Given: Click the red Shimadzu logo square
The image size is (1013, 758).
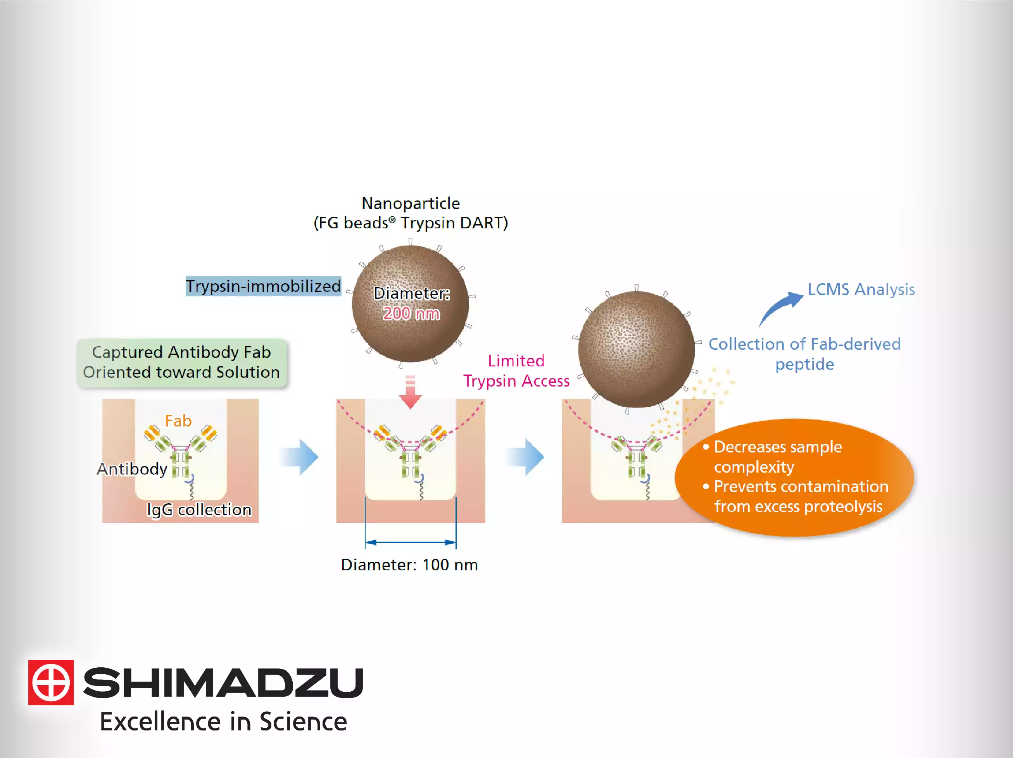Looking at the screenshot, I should (51, 682).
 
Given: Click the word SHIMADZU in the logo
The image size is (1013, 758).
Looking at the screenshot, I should (223, 682).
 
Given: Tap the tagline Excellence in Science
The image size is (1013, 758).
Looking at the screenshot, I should (223, 722).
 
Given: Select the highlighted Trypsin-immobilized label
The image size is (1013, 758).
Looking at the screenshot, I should (263, 286).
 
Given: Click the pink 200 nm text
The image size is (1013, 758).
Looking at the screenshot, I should (411, 314).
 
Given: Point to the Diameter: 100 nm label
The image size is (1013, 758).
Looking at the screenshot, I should (409, 565).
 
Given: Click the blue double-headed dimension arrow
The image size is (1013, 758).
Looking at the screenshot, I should (410, 542).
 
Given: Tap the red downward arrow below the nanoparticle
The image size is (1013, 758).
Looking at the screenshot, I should (410, 393).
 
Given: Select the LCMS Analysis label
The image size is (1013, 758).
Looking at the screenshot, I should (861, 290).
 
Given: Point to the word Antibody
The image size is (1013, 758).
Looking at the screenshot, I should (132, 469).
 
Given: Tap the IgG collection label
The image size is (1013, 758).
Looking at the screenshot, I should (199, 510).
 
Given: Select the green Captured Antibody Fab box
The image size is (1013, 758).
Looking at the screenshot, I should (181, 362).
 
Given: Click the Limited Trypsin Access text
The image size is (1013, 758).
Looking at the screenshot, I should (516, 371).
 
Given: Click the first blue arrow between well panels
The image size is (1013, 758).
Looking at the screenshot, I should (300, 457).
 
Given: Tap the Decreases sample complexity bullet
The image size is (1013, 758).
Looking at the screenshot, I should (778, 457).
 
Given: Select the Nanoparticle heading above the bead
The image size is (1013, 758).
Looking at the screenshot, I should (410, 203).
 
